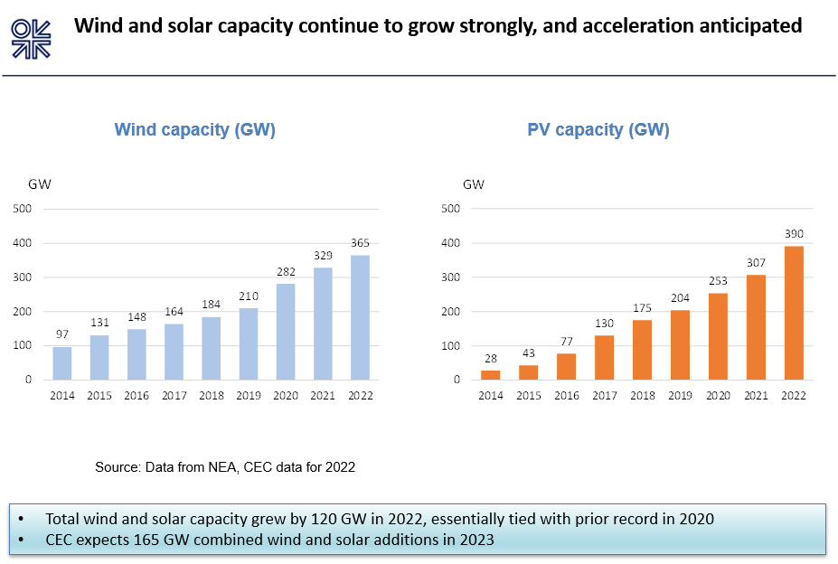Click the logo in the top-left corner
click(x=32, y=38)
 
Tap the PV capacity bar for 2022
click(x=794, y=313)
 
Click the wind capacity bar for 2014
click(x=62, y=362)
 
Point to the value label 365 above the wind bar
click(x=360, y=242)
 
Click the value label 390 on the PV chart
click(x=794, y=234)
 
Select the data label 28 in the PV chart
click(x=490, y=358)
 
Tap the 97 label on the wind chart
click(x=62, y=334)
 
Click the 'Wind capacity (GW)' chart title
click(x=194, y=129)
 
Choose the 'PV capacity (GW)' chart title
click(x=598, y=129)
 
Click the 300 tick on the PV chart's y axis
click(x=450, y=277)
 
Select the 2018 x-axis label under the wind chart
click(x=212, y=395)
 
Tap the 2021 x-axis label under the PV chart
click(x=756, y=395)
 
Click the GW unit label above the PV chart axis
click(x=474, y=185)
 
